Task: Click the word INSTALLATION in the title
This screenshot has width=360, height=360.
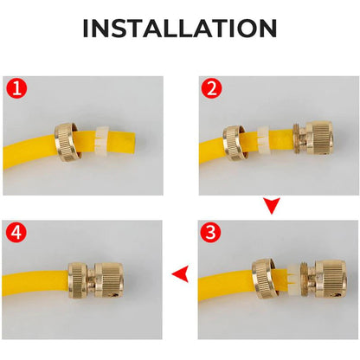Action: click(180, 29)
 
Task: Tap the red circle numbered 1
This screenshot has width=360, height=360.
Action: click(16, 88)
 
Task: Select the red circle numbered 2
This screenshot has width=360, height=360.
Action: click(212, 88)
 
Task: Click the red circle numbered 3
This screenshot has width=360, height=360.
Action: click(211, 232)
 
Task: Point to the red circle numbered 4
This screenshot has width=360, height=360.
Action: click(16, 232)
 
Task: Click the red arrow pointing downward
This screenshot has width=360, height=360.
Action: click(272, 205)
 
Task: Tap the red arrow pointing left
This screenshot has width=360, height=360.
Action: click(181, 273)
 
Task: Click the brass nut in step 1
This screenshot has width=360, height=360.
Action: click(67, 142)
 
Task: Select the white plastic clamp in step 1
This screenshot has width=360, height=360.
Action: click(102, 141)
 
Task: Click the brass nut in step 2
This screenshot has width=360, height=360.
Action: click(235, 143)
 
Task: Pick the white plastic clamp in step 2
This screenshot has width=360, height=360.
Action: click(263, 140)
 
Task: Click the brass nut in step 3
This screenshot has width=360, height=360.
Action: click(264, 279)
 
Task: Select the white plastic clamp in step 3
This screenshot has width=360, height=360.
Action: click(293, 278)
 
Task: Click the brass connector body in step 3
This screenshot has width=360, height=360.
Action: click(324, 279)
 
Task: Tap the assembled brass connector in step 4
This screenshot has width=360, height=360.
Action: click(96, 280)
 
